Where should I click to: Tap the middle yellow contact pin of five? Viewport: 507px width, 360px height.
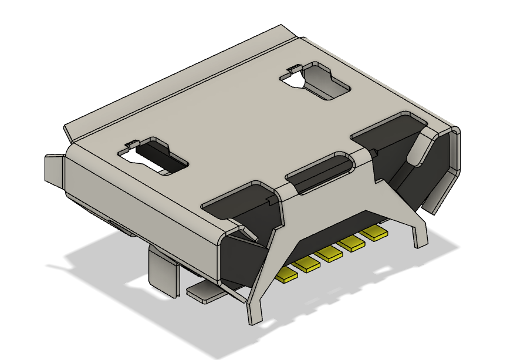pyautogui.click(x=330, y=254)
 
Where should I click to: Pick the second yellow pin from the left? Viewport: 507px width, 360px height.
pyautogui.click(x=307, y=264)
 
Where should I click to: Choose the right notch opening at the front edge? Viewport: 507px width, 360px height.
pyautogui.click(x=387, y=130)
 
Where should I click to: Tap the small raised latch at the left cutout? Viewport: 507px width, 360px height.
pyautogui.click(x=131, y=145)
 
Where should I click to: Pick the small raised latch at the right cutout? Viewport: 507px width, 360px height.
pyautogui.click(x=292, y=71)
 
